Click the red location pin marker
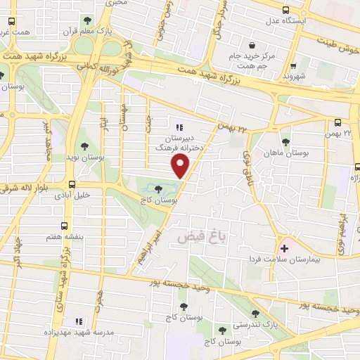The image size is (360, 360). (x=181, y=166)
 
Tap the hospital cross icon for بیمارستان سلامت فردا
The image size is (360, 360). (x=285, y=247)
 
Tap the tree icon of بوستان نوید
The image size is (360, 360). (x=85, y=147)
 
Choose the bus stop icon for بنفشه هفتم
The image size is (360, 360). (x=65, y=226)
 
